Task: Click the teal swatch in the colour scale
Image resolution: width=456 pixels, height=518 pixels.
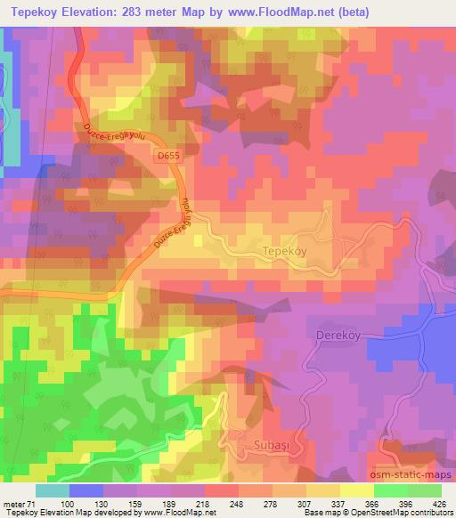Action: point(53,491)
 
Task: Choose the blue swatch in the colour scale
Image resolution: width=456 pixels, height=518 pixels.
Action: point(86,491)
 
